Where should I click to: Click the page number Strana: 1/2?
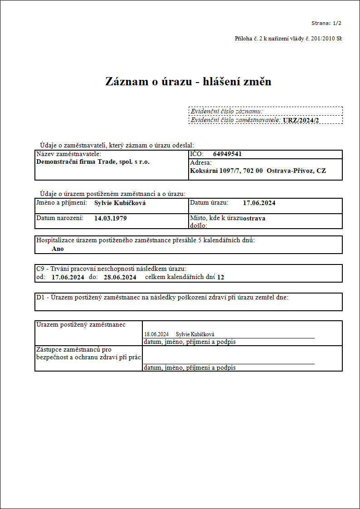click(326, 23)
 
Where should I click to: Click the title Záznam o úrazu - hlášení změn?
click(188, 81)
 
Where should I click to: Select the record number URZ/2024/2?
click(301, 120)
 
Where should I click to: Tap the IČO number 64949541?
click(227, 154)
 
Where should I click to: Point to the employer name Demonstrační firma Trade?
click(92, 162)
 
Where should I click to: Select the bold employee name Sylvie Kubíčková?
click(120, 203)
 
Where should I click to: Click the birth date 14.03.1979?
click(110, 218)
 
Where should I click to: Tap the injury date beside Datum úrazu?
click(259, 203)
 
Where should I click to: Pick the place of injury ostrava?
click(254, 218)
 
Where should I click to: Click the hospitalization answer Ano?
click(58, 249)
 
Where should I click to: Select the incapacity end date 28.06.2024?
click(120, 277)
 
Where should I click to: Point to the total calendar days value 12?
click(221, 277)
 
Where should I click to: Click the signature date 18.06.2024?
click(156, 334)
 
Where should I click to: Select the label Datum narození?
click(60, 218)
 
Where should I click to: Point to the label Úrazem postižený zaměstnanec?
click(81, 325)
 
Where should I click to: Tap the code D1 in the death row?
click(40, 298)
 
